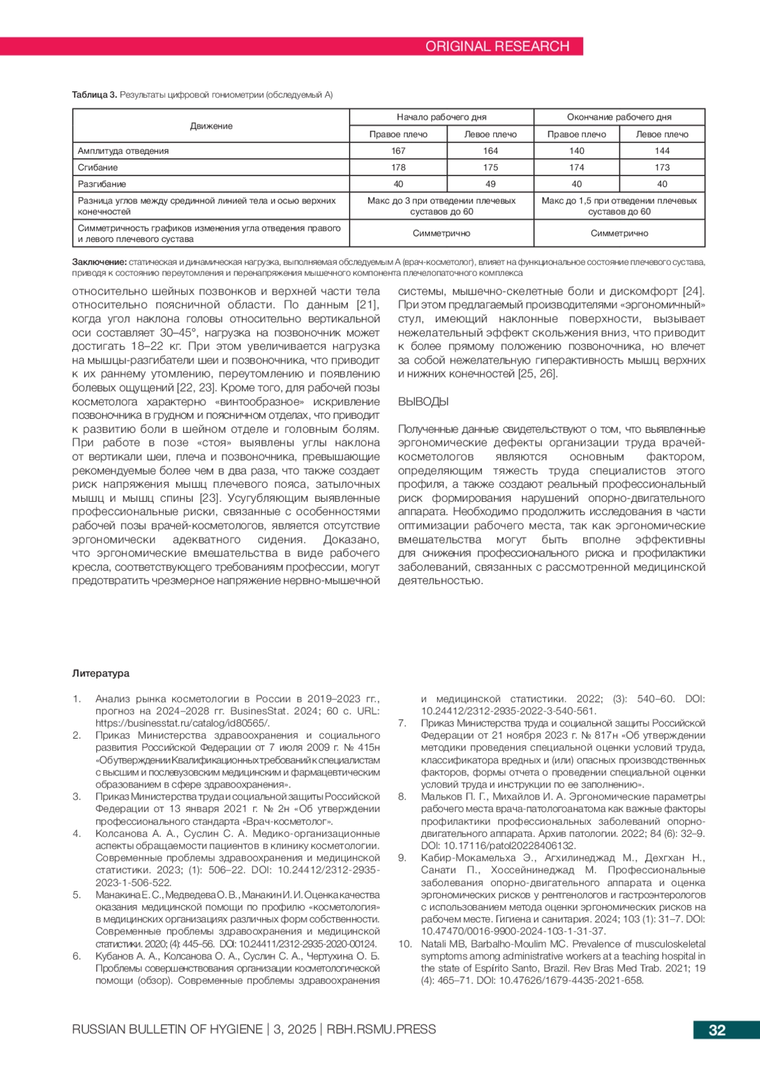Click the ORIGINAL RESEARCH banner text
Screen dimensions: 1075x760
point(497,46)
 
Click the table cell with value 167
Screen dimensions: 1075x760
point(398,151)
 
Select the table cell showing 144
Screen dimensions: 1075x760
point(662,151)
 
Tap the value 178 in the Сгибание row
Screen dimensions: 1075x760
point(398,167)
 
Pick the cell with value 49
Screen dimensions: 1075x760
point(490,184)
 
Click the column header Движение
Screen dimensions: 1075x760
point(211,126)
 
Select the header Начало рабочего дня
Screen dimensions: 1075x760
point(441,117)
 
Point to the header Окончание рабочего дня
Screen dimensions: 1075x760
point(619,117)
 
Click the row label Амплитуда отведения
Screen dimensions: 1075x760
point(123,151)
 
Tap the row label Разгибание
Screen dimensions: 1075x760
point(102,184)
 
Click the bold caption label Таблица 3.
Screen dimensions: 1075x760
point(94,95)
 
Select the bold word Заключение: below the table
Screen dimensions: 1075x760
point(99,262)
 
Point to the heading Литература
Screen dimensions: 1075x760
point(101,673)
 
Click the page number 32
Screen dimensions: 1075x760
point(717,1030)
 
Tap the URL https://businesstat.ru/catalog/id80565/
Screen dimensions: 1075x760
point(182,723)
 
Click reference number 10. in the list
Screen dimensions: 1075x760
point(405,944)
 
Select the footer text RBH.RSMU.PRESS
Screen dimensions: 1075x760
point(381,1029)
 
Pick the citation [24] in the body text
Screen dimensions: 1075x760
point(693,291)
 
